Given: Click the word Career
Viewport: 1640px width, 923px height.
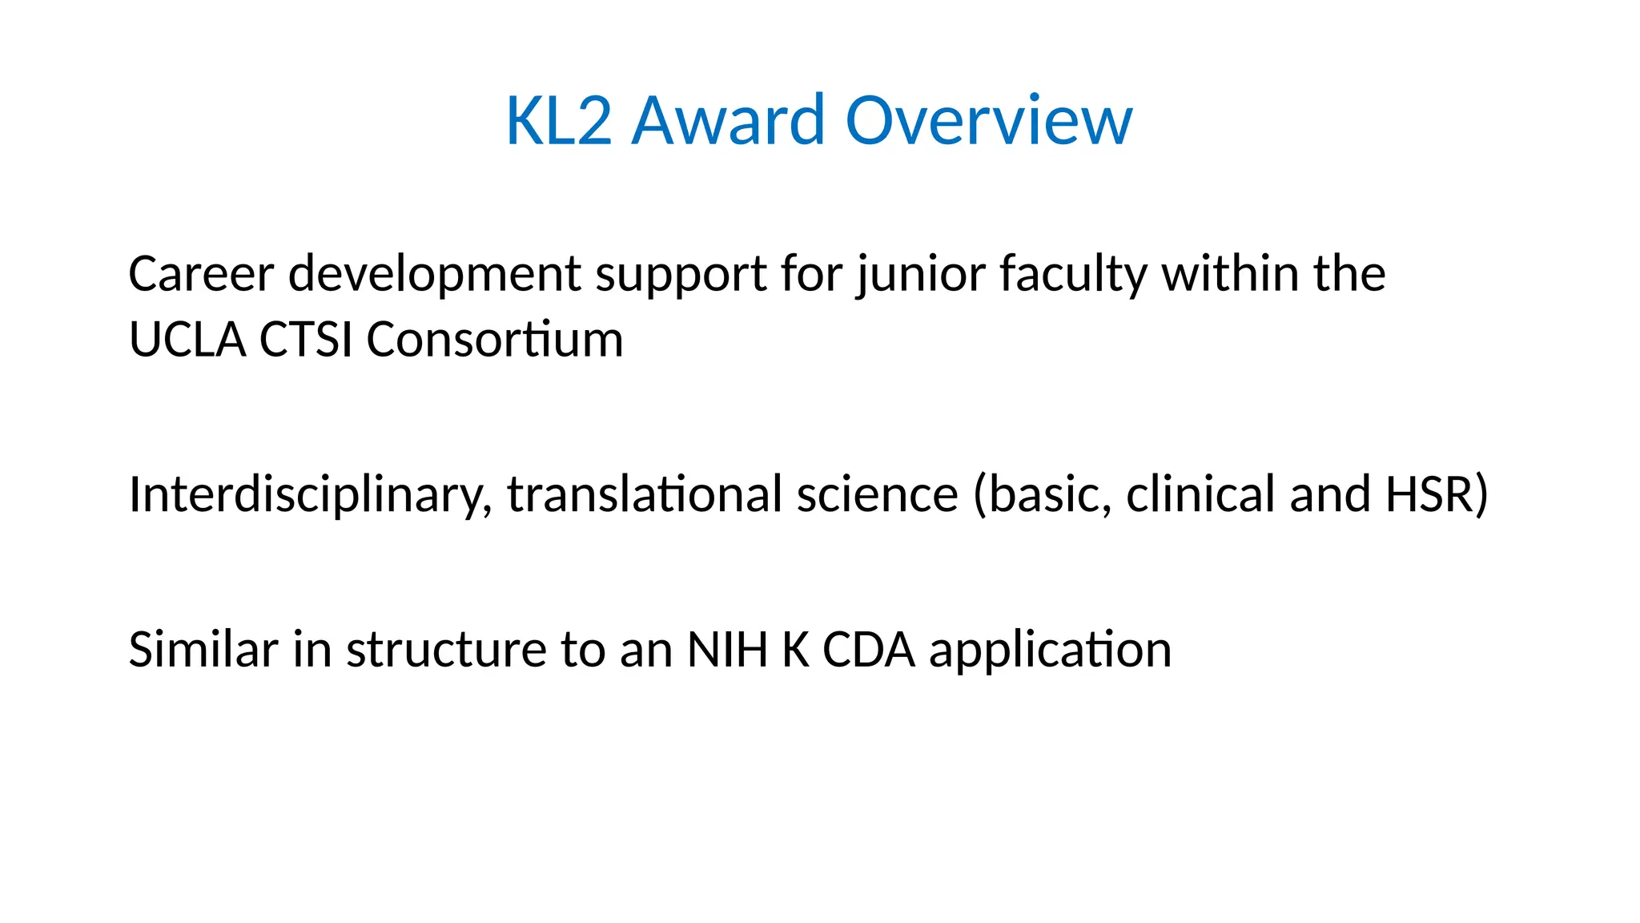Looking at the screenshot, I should pyautogui.click(x=201, y=274).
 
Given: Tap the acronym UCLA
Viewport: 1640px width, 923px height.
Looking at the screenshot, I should pyautogui.click(x=187, y=340).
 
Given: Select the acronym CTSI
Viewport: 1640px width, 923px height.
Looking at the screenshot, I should pyautogui.click(x=306, y=340).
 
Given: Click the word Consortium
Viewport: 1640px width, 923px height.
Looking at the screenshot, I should pyautogui.click(x=494, y=340).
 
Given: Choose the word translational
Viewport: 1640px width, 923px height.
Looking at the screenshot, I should pyautogui.click(x=645, y=494).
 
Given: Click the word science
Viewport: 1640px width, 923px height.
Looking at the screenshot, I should pyautogui.click(x=877, y=494).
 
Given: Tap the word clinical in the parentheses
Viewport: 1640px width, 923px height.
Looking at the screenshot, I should pyautogui.click(x=1200, y=494).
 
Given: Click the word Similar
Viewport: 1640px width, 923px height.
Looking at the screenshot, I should pyautogui.click(x=203, y=649).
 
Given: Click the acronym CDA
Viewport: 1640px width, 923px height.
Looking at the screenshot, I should pyautogui.click(x=869, y=649).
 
